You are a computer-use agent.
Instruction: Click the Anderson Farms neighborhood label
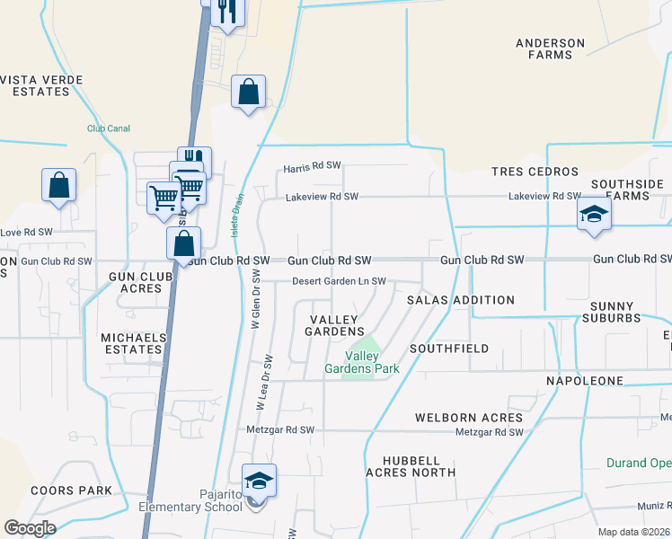coord(550,49)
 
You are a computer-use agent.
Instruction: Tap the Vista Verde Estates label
coord(41,85)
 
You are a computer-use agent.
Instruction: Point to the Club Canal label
coord(109,128)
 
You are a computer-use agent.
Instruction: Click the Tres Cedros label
coord(535,172)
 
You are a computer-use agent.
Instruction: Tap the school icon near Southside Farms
coord(593,215)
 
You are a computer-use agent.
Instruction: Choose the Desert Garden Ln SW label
coord(339,281)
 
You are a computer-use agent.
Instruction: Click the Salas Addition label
coord(461,300)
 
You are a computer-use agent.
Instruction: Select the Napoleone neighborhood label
coord(585,382)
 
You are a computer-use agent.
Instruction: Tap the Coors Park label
coord(71,490)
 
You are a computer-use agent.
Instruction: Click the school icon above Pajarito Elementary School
coord(258,481)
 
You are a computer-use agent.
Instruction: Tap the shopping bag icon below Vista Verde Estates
coord(58,186)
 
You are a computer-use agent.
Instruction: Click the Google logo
coord(30,528)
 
